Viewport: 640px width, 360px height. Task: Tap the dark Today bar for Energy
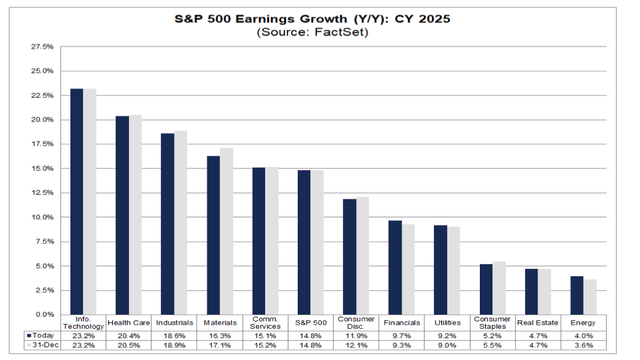577,295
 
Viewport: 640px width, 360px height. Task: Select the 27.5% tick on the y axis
43,47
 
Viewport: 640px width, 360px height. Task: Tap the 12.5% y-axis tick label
43,193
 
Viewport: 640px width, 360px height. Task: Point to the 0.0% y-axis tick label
45,314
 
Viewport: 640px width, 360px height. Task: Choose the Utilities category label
447,323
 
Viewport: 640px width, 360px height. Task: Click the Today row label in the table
41,335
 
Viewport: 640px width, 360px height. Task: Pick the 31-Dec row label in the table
42,345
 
